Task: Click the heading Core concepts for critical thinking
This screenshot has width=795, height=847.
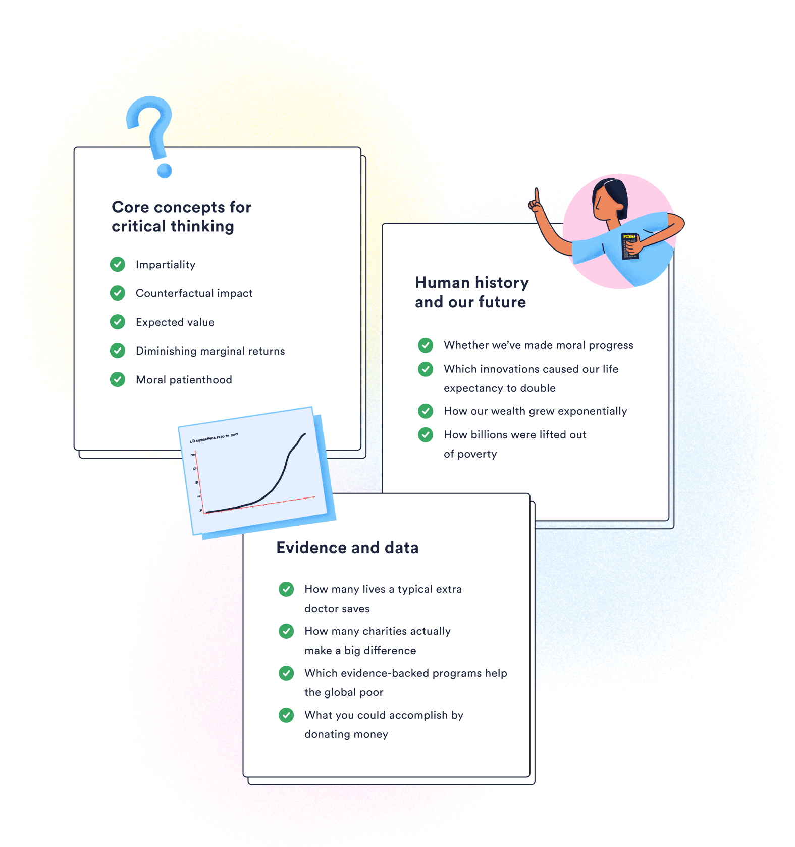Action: tap(181, 217)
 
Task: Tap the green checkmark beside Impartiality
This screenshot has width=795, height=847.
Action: tap(118, 264)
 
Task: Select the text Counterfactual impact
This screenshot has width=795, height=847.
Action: tap(194, 293)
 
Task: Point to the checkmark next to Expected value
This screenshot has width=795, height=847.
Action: tap(118, 322)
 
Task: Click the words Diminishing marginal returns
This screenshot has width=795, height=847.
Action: tap(210, 351)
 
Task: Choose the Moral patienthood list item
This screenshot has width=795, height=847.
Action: tap(184, 380)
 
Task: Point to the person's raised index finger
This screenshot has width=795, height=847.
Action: tap(536, 196)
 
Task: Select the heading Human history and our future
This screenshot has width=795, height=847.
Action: tap(471, 292)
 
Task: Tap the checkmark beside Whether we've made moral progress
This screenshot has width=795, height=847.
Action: tap(426, 345)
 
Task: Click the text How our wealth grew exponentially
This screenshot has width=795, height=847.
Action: tap(535, 411)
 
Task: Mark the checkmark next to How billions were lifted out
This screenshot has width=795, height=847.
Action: tap(426, 435)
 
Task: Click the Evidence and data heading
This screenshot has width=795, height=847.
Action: tap(347, 548)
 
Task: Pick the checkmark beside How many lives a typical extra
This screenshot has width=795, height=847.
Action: tap(286, 589)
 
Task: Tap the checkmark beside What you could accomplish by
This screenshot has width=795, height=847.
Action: tap(286, 715)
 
